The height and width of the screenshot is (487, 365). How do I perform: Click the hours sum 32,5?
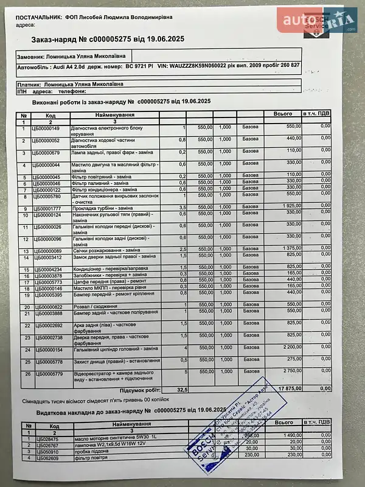click(182, 388)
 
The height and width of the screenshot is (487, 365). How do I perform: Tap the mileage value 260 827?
click(287, 65)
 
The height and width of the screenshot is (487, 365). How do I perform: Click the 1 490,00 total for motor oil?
click(290, 435)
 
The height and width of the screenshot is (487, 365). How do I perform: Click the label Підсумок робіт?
click(140, 388)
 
